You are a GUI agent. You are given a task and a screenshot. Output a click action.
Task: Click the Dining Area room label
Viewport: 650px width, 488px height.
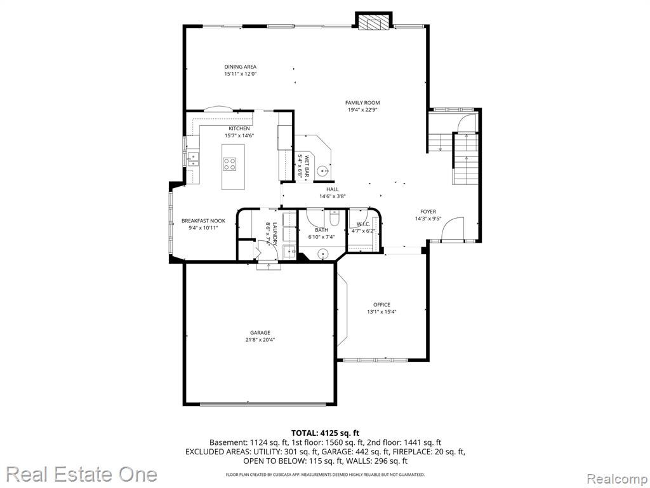point(241,67)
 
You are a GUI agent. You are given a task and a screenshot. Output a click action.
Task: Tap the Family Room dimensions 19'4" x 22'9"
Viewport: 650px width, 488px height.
point(362,110)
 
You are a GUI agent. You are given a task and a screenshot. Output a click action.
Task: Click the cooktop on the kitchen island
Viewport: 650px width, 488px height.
point(229,165)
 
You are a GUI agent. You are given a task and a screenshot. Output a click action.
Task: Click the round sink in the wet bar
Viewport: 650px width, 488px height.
point(323,170)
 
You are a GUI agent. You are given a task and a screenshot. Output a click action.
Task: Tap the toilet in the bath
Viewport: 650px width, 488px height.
point(334,217)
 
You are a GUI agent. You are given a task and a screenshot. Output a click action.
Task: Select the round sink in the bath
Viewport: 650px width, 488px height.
point(323,254)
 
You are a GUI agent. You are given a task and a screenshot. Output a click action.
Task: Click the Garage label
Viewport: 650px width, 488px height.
point(260,333)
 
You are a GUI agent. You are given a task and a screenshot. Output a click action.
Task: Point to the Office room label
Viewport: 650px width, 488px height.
point(381,305)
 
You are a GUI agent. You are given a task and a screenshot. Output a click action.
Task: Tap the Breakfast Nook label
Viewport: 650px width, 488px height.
point(203,220)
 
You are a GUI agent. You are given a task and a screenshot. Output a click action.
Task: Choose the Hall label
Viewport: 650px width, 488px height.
point(333,189)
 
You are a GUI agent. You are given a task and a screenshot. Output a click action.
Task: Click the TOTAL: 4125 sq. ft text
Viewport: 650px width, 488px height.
point(325,433)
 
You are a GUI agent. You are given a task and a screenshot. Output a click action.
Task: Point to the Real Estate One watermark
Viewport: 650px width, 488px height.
point(82,474)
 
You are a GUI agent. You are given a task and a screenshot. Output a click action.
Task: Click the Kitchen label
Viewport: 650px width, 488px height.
point(239,128)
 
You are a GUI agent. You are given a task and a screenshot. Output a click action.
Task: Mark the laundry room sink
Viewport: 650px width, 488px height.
point(289,251)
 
